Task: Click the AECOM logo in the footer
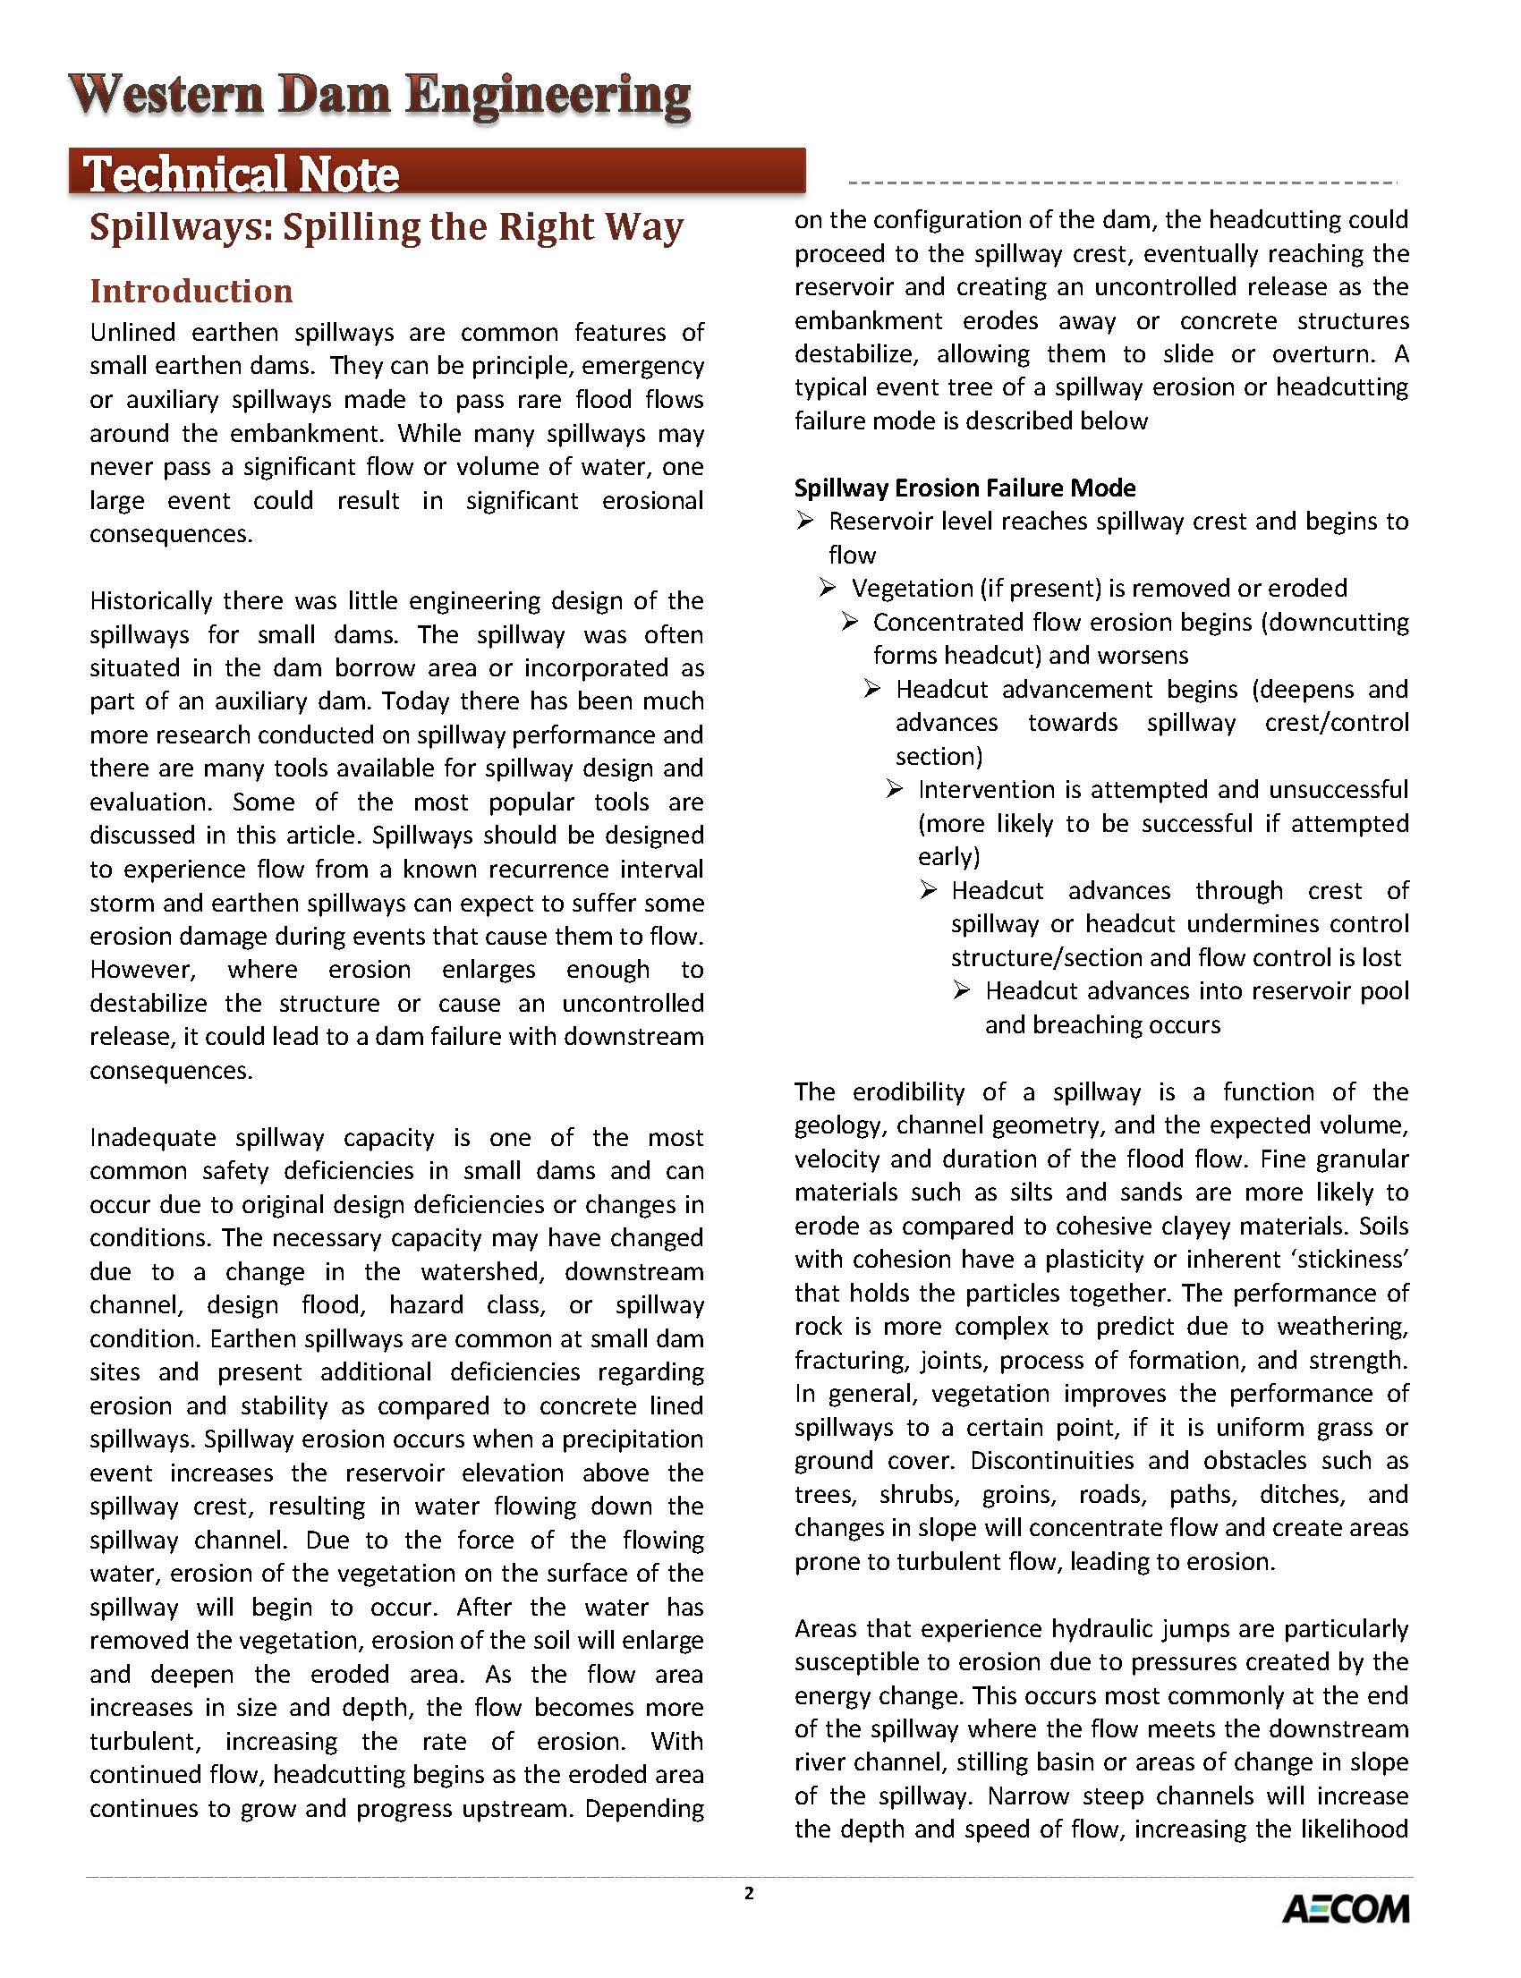pos(1346,1909)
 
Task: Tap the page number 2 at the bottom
pos(749,1893)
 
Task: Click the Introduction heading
pos(191,292)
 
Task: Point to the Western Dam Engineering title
pos(380,96)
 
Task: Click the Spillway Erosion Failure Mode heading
pos(964,488)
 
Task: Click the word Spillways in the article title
pos(181,227)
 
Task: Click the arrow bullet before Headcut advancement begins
pos(871,689)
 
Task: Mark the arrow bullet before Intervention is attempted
pos(895,789)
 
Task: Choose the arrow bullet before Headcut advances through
pos(928,890)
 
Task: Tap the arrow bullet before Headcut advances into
pos(962,990)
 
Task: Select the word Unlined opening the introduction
pos(132,333)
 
